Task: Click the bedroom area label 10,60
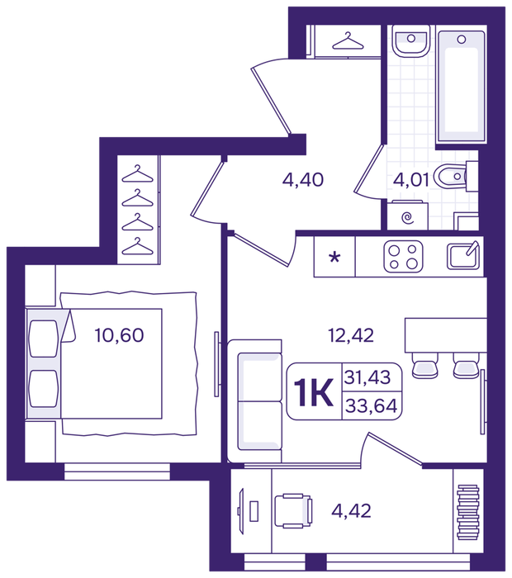click(x=119, y=335)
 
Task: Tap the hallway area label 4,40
click(x=302, y=180)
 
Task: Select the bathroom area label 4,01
click(x=411, y=180)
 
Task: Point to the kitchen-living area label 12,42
click(x=350, y=335)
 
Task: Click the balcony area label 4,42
click(x=351, y=511)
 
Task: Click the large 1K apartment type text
click(x=314, y=392)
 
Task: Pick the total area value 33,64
click(x=371, y=406)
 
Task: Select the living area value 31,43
click(x=367, y=377)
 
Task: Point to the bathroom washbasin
click(x=410, y=40)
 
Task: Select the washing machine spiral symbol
click(x=407, y=218)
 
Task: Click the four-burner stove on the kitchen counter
click(x=403, y=256)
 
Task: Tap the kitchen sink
click(x=463, y=255)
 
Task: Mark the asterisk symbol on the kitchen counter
click(x=334, y=257)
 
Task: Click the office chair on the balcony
click(x=293, y=510)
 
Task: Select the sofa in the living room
click(x=255, y=401)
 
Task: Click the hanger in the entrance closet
click(x=348, y=41)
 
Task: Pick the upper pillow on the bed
click(x=44, y=339)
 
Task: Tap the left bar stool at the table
click(x=424, y=366)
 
